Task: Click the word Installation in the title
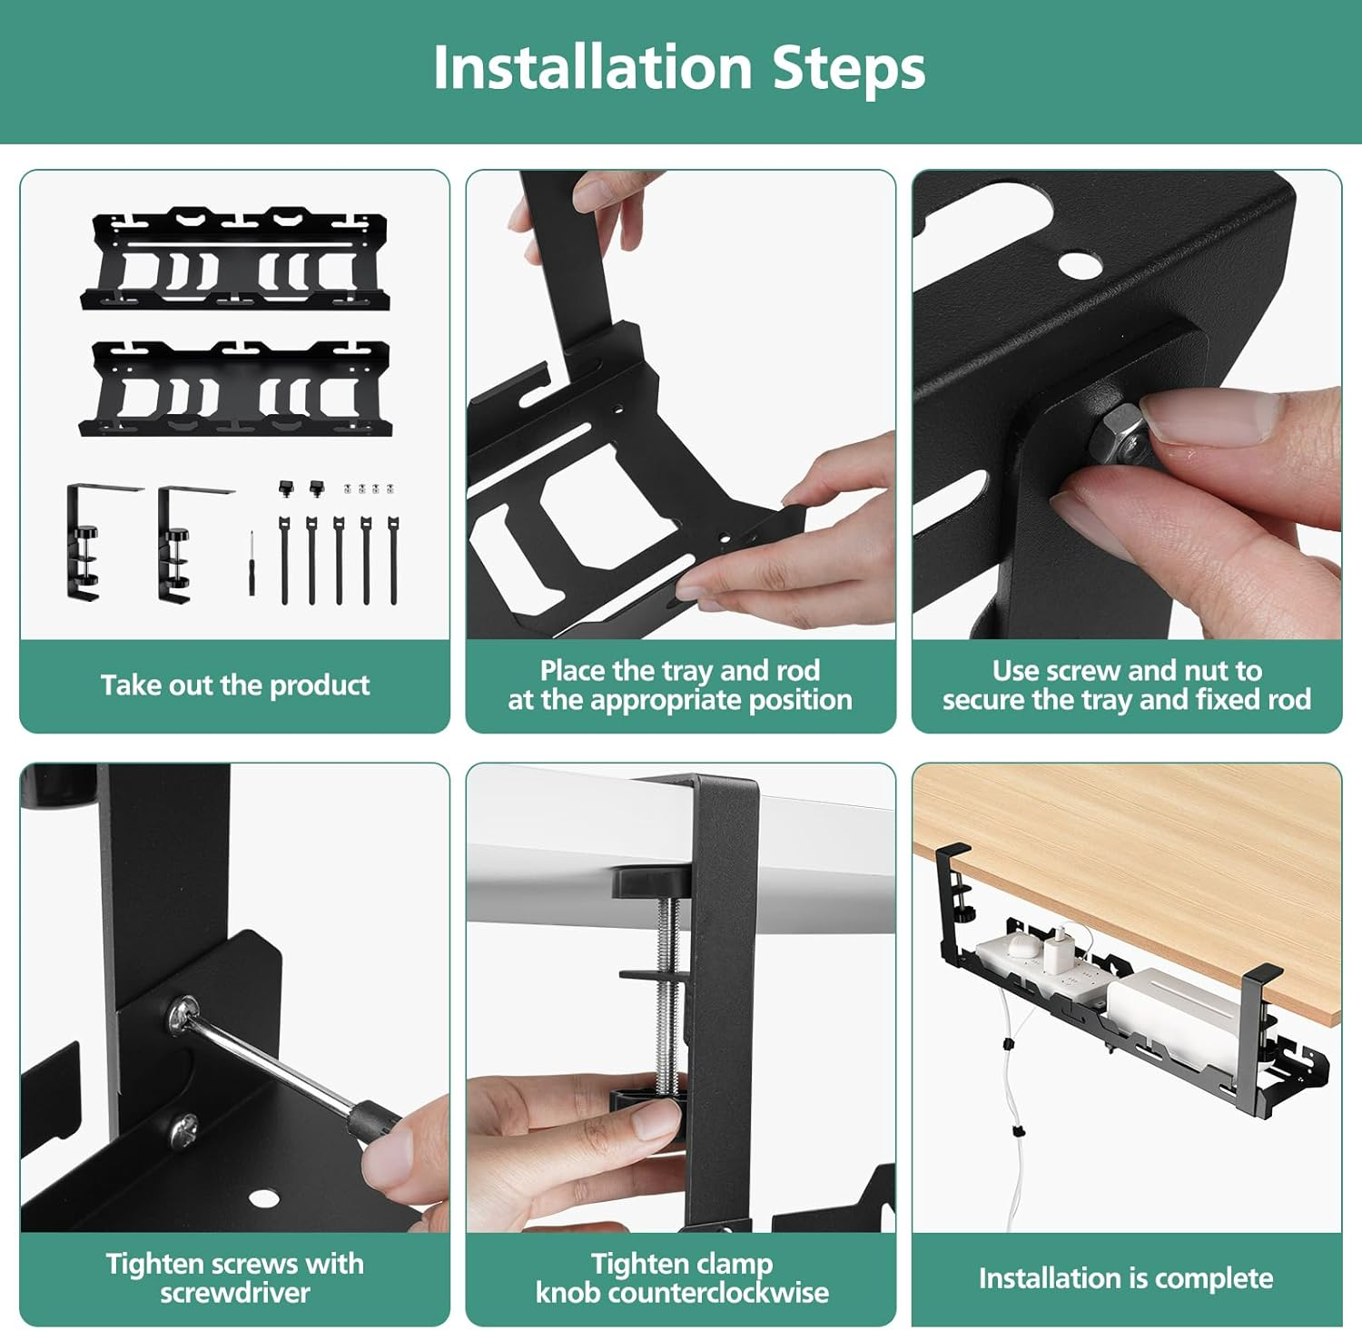pyautogui.click(x=592, y=68)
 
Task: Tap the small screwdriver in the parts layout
pyautogui.click(x=252, y=563)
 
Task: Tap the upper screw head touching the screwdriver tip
pyautogui.click(x=184, y=1014)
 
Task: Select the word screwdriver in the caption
pyautogui.click(x=235, y=1293)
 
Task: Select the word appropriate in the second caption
pyautogui.click(x=666, y=700)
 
